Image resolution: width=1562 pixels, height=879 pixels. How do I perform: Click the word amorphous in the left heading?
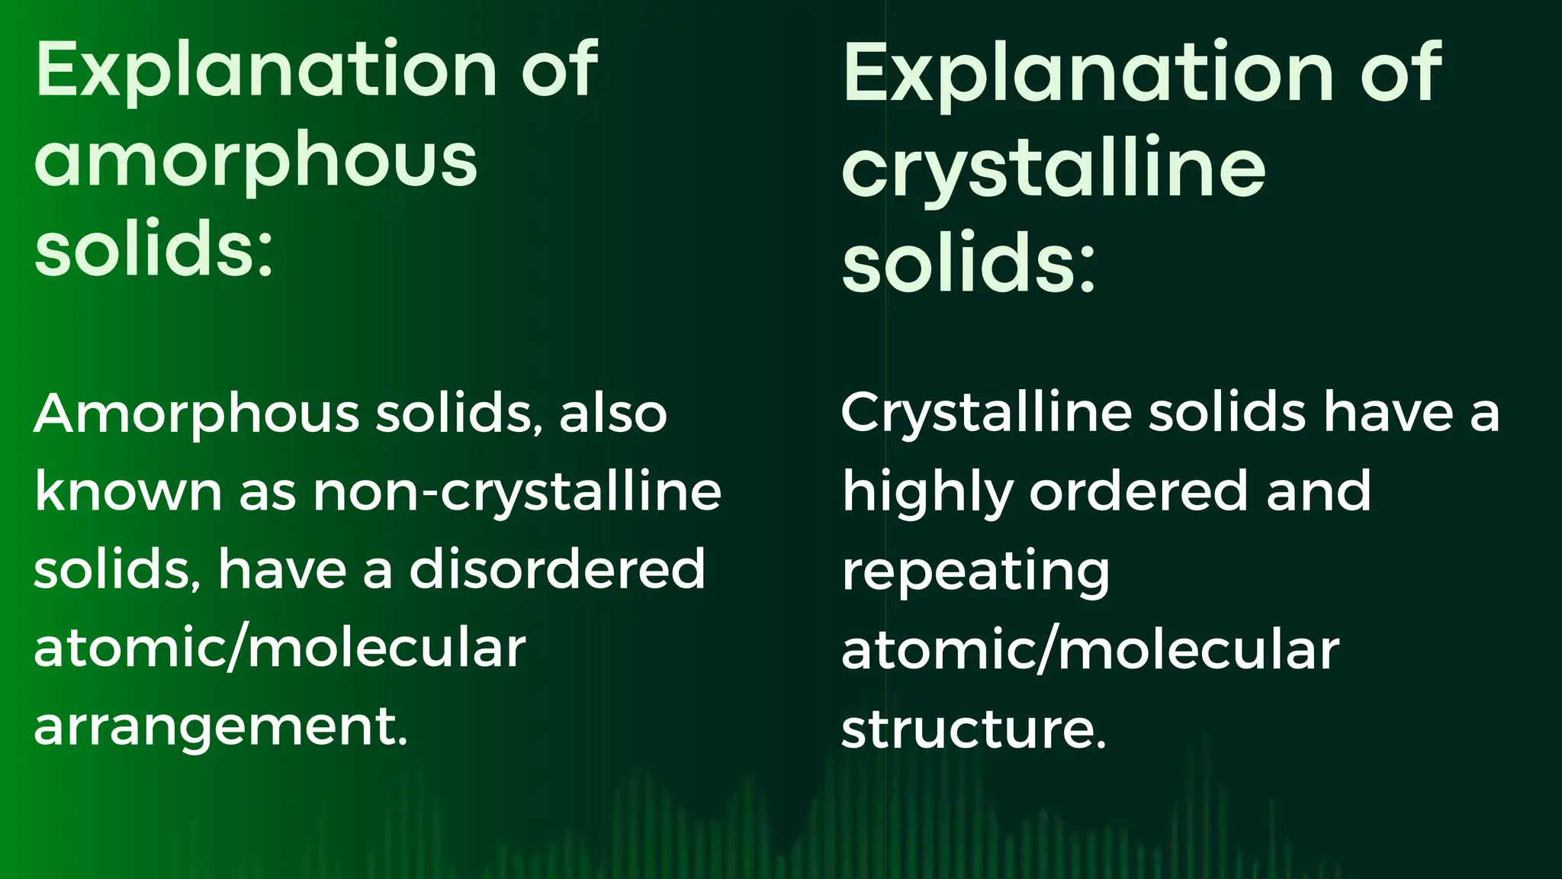point(256,160)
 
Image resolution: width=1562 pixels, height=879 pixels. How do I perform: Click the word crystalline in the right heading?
point(1053,169)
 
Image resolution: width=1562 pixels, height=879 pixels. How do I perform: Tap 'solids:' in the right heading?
point(968,263)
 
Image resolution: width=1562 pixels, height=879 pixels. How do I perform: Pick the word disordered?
point(557,569)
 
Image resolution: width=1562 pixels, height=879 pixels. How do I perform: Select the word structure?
point(973,729)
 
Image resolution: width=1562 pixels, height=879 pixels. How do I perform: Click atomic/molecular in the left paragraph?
point(280,649)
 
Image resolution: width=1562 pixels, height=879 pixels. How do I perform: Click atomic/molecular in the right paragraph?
point(1090,650)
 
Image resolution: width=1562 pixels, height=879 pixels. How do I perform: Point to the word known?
point(127,492)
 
